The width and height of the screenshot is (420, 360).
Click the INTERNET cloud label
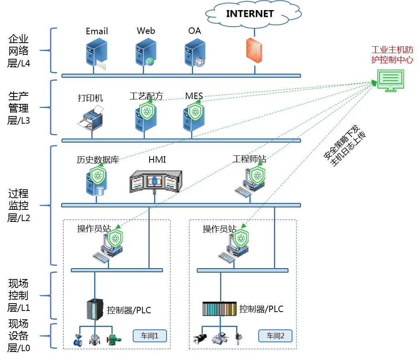point(250,13)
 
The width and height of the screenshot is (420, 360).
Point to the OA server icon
point(194,52)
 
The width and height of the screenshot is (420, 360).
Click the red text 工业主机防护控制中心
point(392,55)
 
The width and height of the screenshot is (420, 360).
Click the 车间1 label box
point(149,335)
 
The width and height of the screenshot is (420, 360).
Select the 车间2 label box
point(275,335)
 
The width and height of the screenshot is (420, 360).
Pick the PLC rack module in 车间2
point(219,309)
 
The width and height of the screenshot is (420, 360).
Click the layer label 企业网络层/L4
point(19,51)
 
